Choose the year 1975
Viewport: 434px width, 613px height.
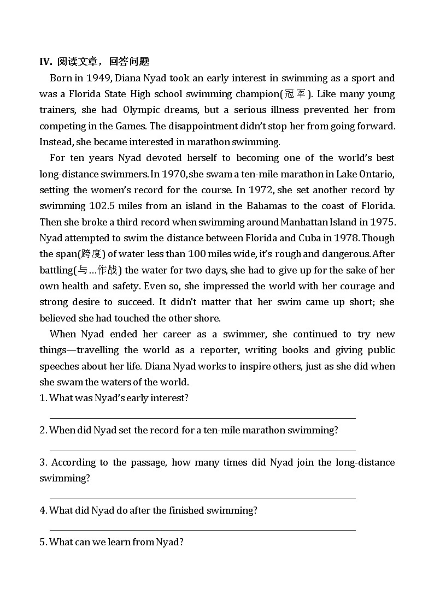pyautogui.click(x=383, y=222)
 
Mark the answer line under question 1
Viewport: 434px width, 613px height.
pyautogui.click(x=202, y=418)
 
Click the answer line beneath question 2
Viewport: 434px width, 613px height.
pyautogui.click(x=202, y=450)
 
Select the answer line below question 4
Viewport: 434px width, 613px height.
pyautogui.click(x=202, y=529)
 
